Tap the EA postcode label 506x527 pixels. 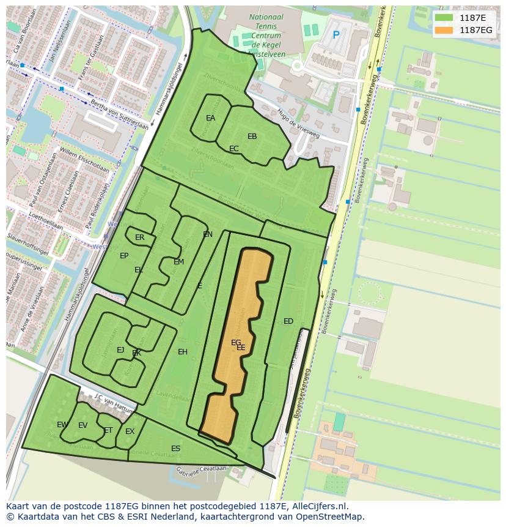[x=211, y=118]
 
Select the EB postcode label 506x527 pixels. [x=252, y=136]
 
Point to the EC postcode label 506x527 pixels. [x=234, y=149]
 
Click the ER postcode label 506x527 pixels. [x=140, y=237]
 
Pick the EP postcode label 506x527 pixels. [x=124, y=256]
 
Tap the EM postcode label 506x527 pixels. [x=178, y=262]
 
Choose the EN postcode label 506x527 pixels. [x=208, y=234]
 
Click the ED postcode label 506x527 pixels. [x=288, y=321]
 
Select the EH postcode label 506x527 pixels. [x=183, y=352]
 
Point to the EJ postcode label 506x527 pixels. [x=120, y=350]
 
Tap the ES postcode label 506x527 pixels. [x=176, y=449]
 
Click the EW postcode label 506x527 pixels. [x=62, y=425]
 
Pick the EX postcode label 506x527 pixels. [x=130, y=432]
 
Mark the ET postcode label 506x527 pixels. [x=108, y=430]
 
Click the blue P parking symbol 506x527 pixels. [x=335, y=36]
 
